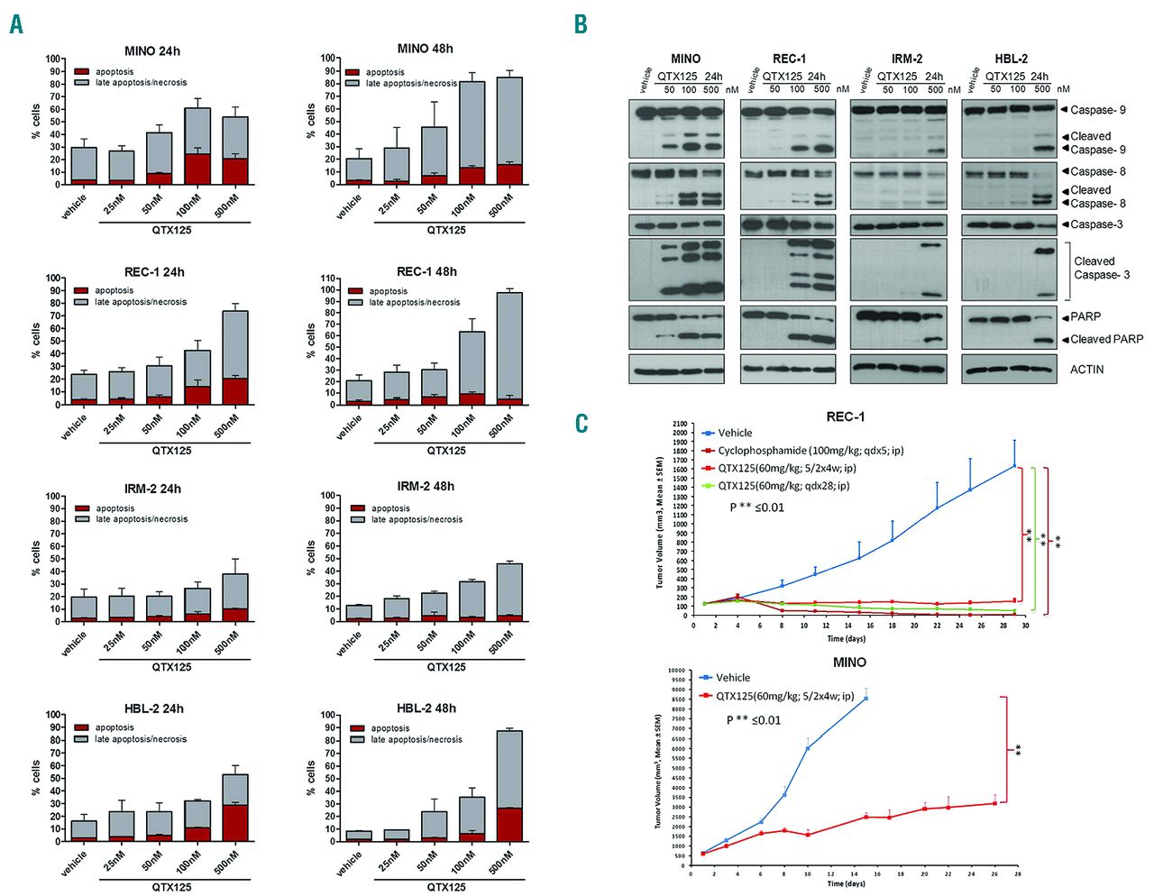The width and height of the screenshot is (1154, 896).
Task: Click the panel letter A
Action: pyautogui.click(x=16, y=24)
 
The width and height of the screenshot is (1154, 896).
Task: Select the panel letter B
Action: pyautogui.click(x=582, y=24)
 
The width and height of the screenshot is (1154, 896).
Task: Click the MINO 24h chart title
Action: pyautogui.click(x=152, y=51)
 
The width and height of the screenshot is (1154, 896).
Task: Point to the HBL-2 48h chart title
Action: pyautogui.click(x=426, y=709)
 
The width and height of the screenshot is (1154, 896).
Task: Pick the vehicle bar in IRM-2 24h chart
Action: pyautogui.click(x=84, y=608)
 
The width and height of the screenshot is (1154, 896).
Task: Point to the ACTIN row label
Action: pyautogui.click(x=1086, y=370)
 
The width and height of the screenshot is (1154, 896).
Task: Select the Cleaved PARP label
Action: pyautogui.click(x=1106, y=340)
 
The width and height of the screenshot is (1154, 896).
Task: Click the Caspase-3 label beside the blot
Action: pyautogui.click(x=1096, y=224)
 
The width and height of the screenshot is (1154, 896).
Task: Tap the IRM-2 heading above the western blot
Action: pyautogui.click(x=907, y=59)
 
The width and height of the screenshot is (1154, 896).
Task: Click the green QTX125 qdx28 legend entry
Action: pyautogui.click(x=783, y=486)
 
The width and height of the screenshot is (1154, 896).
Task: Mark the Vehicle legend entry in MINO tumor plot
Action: pyautogui.click(x=732, y=678)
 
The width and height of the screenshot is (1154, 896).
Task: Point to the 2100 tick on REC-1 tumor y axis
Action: pyautogui.click(x=679, y=424)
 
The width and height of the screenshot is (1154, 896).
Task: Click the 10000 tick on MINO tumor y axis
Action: pyautogui.click(x=676, y=671)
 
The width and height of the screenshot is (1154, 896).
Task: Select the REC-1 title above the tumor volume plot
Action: pyautogui.click(x=845, y=416)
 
